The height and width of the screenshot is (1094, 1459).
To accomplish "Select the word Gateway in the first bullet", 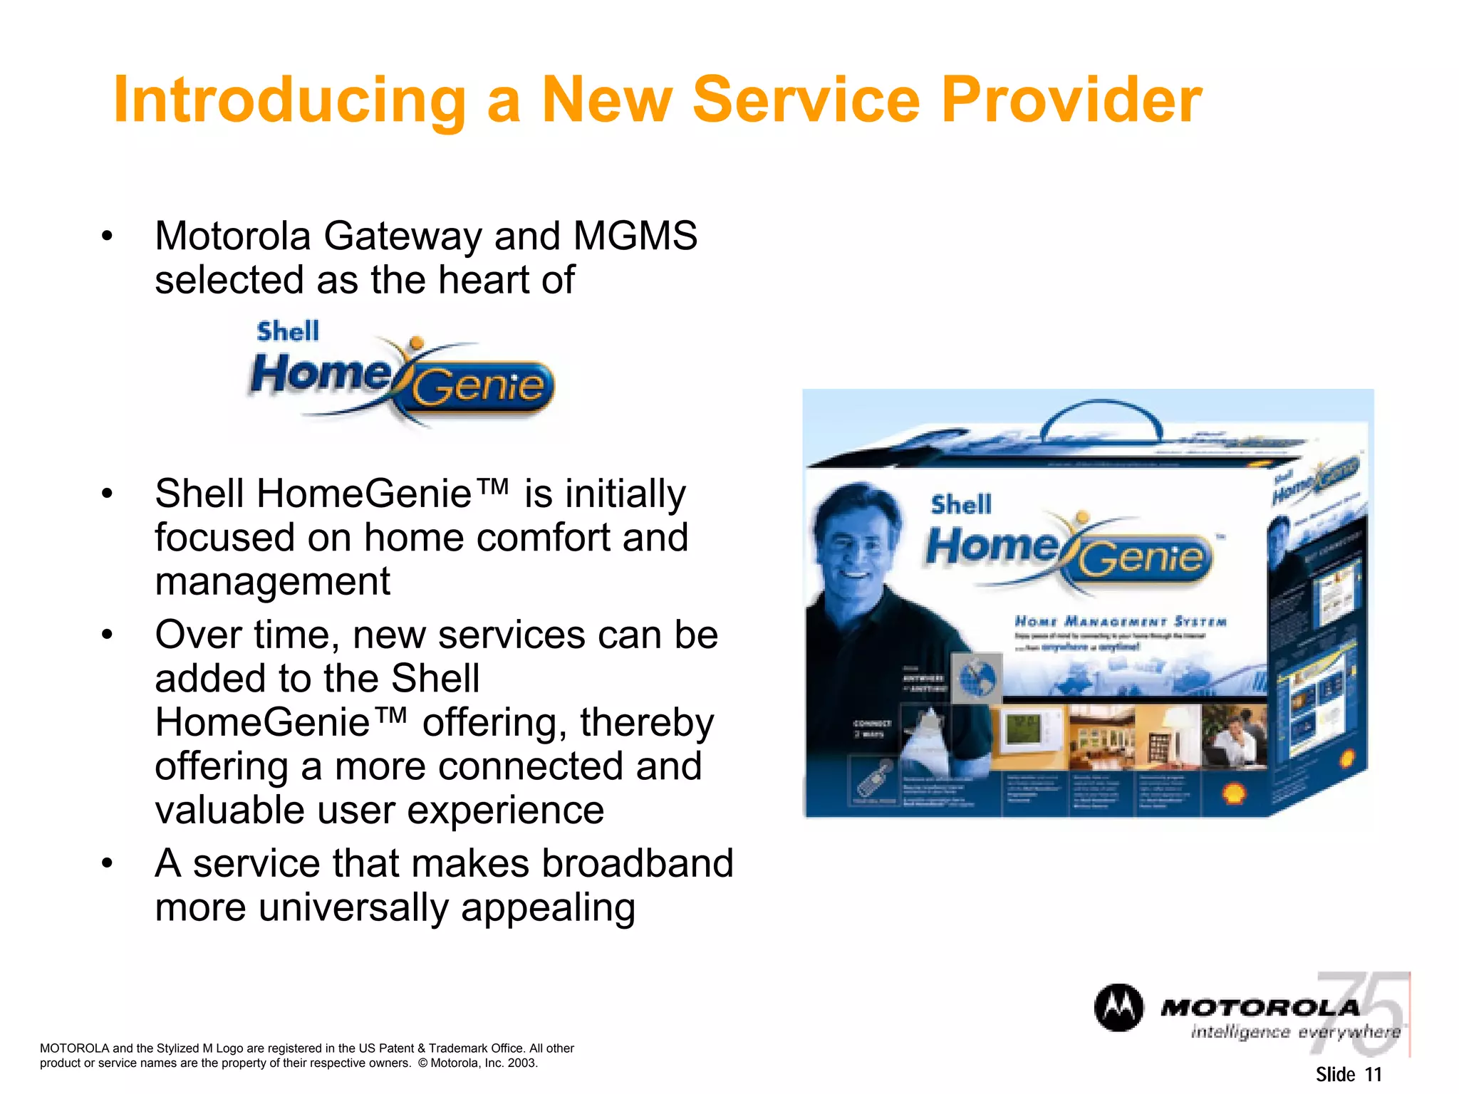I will click(x=403, y=237).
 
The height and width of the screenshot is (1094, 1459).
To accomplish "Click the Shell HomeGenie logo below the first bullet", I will click(x=403, y=374).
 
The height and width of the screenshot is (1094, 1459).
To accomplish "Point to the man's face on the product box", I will click(x=855, y=545).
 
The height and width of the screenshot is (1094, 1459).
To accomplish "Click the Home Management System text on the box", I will click(x=1120, y=622).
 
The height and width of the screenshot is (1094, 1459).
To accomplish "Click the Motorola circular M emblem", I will click(x=1118, y=1008).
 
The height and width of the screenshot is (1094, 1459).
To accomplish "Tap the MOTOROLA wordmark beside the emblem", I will click(x=1260, y=1008).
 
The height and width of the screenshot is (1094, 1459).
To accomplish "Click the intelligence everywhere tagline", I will click(x=1295, y=1032).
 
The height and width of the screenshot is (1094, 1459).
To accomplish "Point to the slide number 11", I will click(x=1373, y=1074).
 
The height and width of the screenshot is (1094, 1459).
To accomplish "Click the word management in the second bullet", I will click(x=272, y=581).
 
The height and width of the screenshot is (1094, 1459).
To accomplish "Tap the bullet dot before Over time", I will click(x=107, y=634).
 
